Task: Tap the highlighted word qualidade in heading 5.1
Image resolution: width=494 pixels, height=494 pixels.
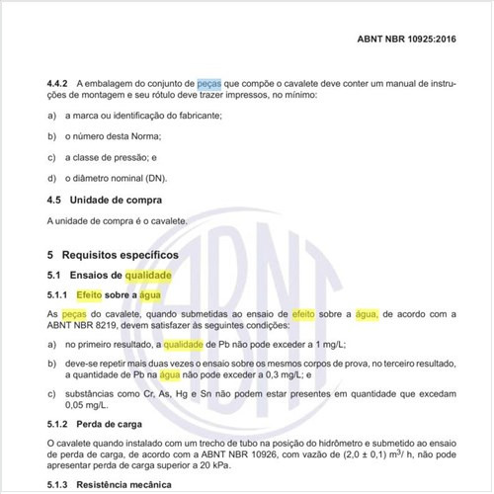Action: tap(149, 274)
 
